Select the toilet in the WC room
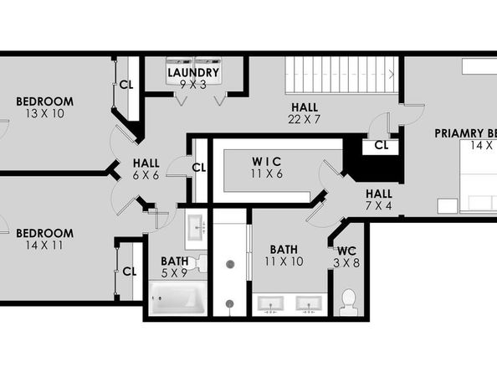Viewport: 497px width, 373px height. point(348,300)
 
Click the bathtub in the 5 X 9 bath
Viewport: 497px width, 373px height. point(177,297)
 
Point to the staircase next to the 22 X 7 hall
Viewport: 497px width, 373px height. point(338,75)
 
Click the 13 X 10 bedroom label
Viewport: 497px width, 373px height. point(44,107)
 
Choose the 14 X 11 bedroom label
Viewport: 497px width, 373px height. point(44,240)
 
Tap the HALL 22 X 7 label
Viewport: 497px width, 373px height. point(305,112)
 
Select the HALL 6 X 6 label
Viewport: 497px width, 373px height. point(146,168)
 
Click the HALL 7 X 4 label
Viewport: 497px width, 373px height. point(378,199)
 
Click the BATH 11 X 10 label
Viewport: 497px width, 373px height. point(284,256)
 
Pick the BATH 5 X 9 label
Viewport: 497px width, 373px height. point(174,267)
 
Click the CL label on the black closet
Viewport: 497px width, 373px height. point(382,145)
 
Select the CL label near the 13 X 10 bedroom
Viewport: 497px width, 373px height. point(126,84)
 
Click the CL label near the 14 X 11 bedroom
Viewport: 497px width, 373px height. point(129,271)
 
